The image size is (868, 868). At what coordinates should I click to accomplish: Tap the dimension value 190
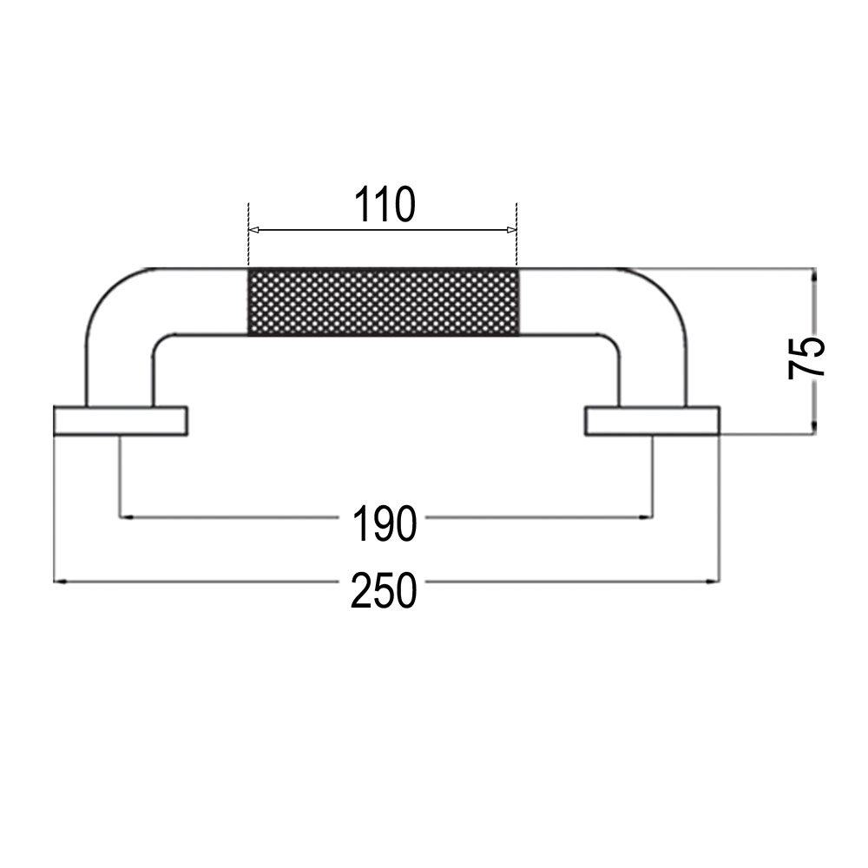tap(384, 523)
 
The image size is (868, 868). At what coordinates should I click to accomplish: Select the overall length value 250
tap(384, 590)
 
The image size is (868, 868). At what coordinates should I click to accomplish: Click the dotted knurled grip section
tap(384, 302)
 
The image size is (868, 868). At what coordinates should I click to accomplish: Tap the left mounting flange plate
tap(121, 421)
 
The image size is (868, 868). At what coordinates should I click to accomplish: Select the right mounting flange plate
tap(652, 421)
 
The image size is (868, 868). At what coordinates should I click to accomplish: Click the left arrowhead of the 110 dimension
tap(254, 230)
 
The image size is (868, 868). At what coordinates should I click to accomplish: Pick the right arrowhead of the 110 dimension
tap(511, 230)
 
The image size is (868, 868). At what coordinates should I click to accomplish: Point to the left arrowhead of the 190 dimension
tap(127, 517)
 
